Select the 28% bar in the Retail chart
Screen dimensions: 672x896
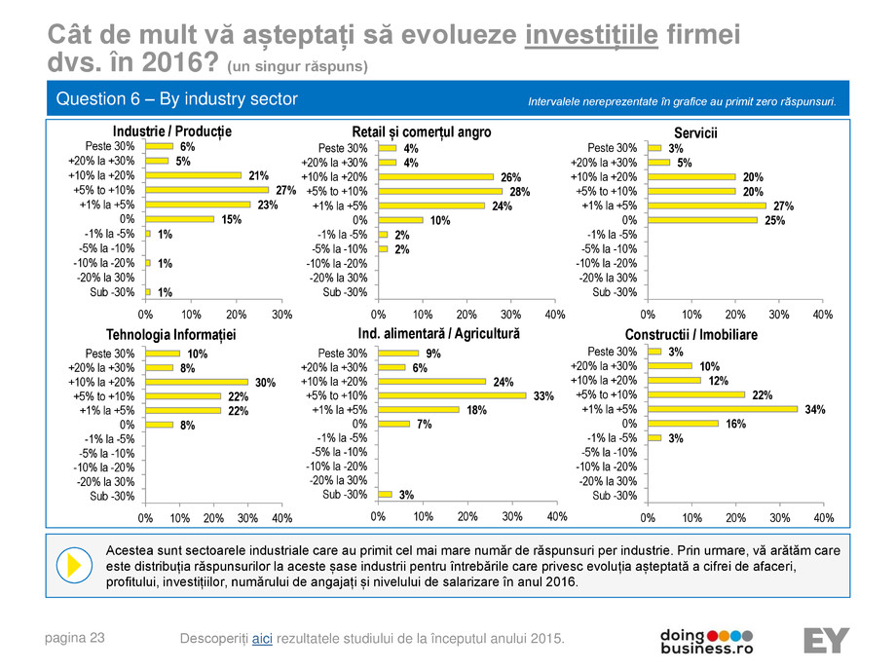point(440,192)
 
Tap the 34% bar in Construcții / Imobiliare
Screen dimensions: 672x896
point(722,409)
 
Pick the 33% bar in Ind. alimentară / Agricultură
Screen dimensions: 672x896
point(452,395)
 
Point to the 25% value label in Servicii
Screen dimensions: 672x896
point(773,221)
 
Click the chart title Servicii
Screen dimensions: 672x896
point(695,131)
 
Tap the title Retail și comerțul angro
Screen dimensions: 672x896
point(421,131)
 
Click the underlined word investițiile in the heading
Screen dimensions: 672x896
point(592,36)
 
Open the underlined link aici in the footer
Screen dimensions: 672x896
point(262,638)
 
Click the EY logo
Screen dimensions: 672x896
point(825,640)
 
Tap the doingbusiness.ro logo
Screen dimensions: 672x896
point(707,640)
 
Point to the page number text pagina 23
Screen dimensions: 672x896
point(75,637)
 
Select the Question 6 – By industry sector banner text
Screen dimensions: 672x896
point(176,99)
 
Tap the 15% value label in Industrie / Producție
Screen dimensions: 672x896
point(231,220)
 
